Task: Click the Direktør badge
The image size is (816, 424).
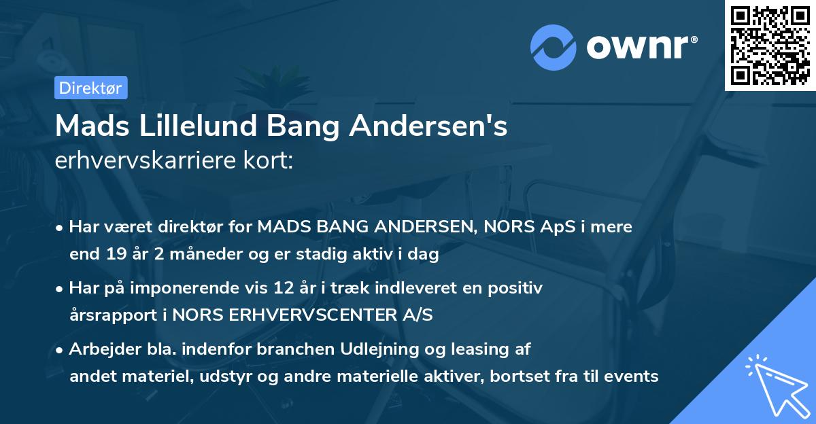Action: tap(90, 88)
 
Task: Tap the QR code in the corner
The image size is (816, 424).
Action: tap(770, 45)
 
